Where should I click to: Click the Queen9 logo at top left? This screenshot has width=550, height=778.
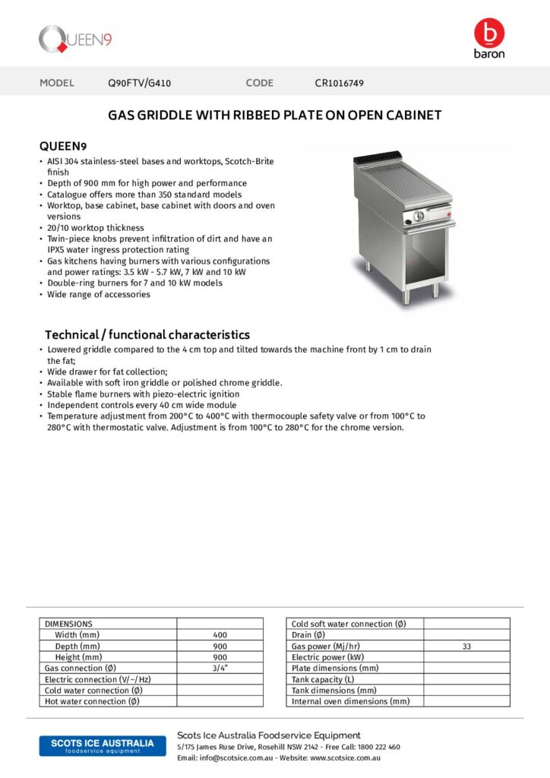coord(76,39)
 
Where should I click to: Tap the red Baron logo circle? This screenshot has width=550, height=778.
coord(488,33)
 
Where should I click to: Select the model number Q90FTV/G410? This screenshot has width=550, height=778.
coord(140,83)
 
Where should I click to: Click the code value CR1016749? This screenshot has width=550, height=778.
coord(344,83)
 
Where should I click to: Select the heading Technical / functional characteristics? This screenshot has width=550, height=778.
coord(147,334)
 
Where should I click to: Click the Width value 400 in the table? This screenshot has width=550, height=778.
coord(220,634)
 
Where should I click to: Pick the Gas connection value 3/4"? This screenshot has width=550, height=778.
coord(220,668)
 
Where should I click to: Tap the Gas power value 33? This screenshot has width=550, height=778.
coord(466,646)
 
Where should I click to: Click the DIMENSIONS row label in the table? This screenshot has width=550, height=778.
coord(69,624)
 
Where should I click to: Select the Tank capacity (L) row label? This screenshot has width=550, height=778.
coord(323,679)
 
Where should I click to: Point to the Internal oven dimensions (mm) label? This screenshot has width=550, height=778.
coord(350,701)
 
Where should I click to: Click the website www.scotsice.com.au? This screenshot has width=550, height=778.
coord(345,757)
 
